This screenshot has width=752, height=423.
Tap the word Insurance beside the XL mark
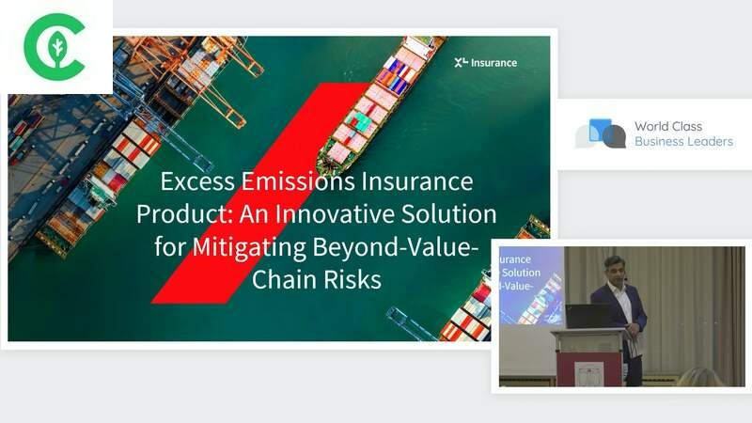point(494,63)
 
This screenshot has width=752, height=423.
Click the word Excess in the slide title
point(197,181)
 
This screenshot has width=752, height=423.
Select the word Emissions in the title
point(298,181)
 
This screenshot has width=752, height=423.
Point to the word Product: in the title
point(184,214)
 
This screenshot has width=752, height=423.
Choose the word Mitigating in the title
point(249,247)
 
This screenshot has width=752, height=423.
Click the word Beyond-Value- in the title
point(396,246)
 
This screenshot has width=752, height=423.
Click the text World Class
point(668,126)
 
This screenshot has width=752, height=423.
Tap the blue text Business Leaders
point(684,142)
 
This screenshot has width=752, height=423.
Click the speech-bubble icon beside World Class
point(601,133)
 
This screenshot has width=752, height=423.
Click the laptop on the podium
point(589,316)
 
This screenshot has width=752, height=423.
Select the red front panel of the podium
point(588,368)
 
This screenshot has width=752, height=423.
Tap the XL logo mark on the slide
point(461,62)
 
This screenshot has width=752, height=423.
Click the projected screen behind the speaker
point(531,286)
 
